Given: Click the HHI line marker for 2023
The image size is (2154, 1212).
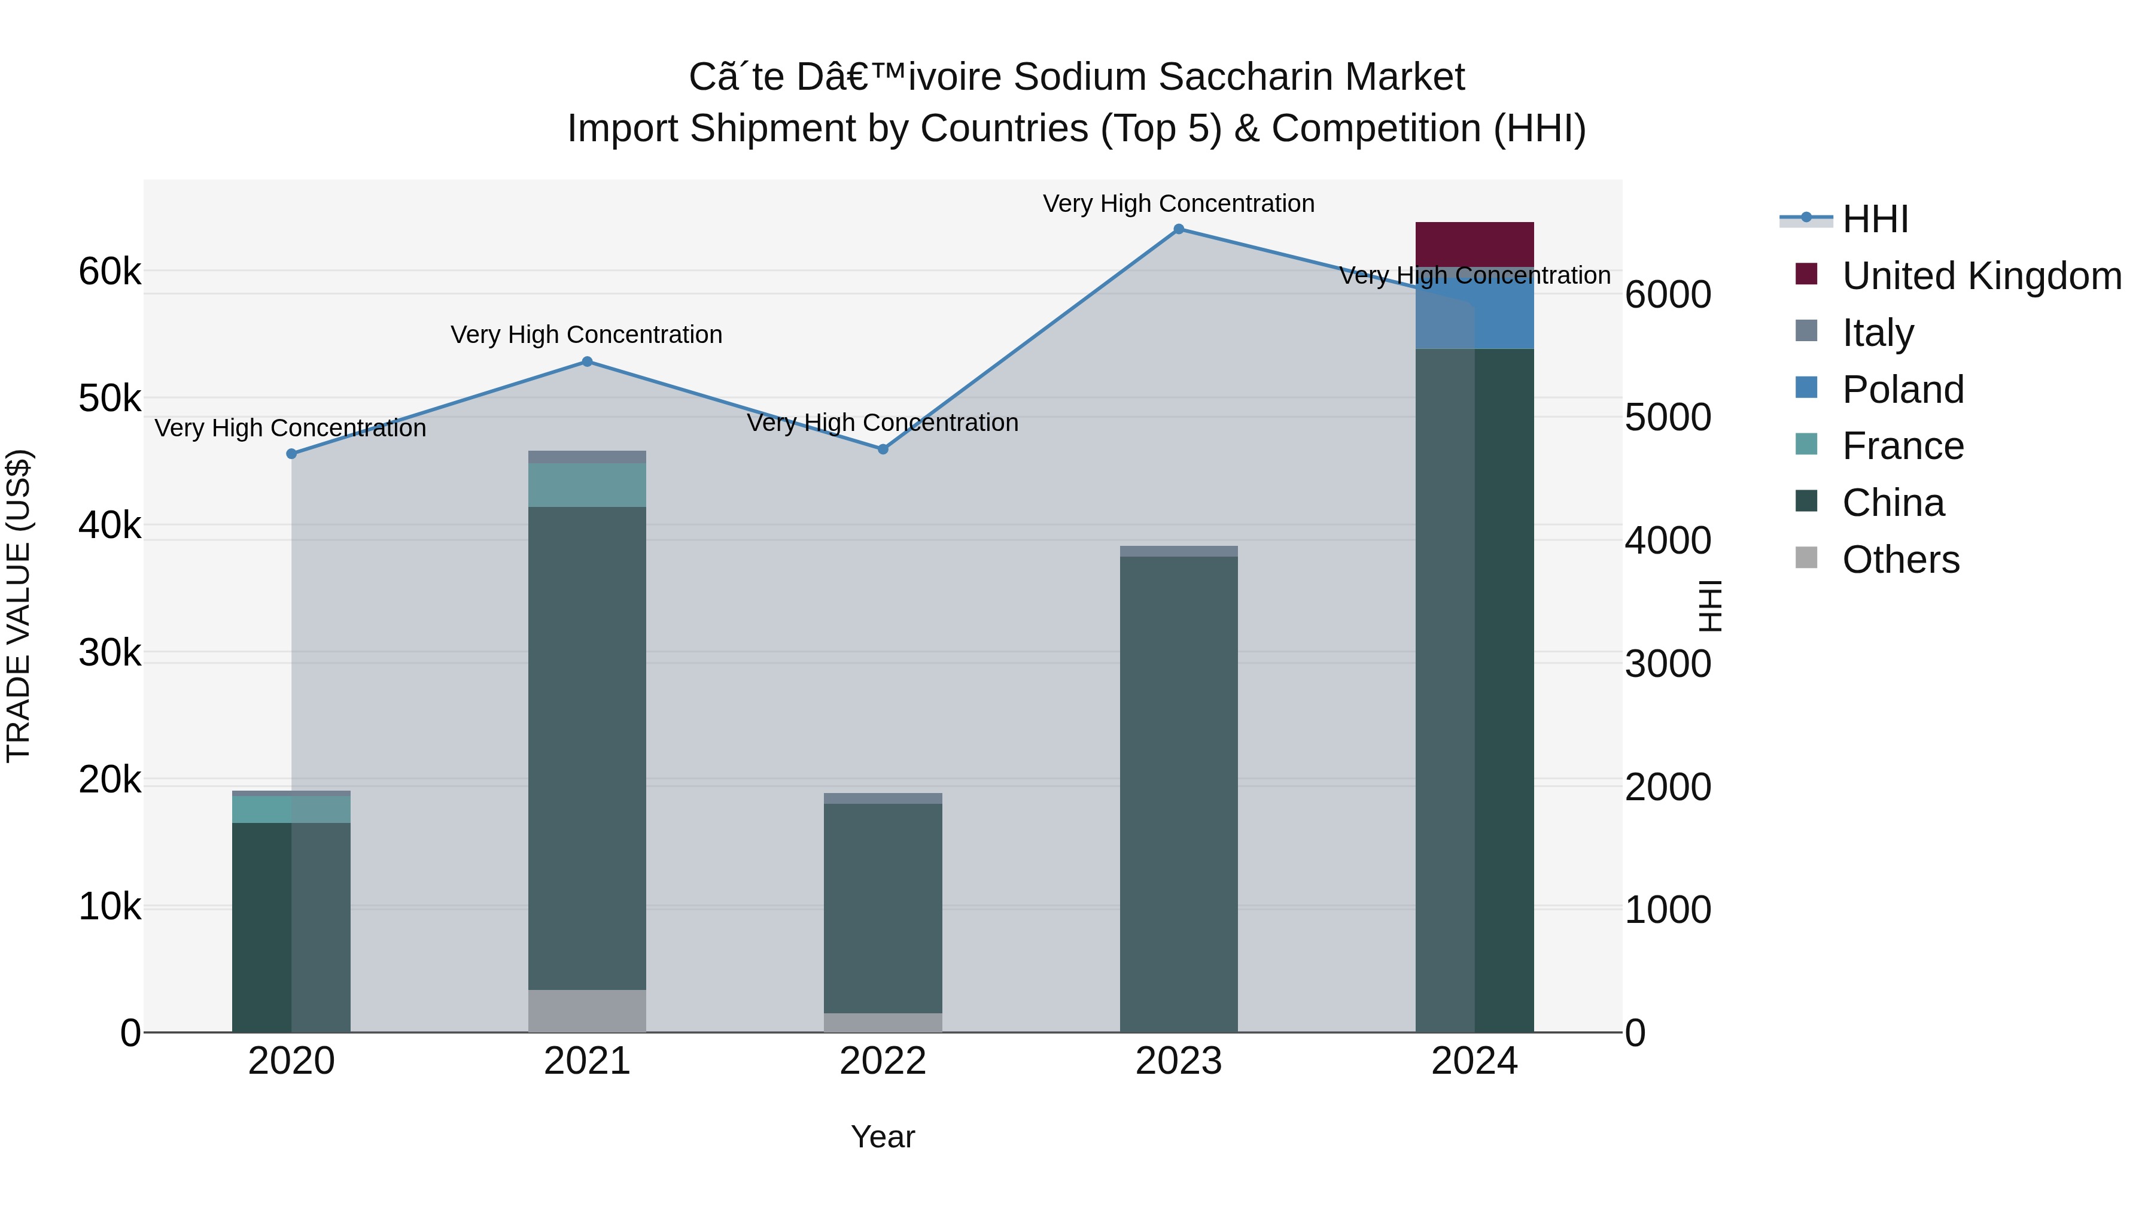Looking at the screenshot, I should tap(1178, 229).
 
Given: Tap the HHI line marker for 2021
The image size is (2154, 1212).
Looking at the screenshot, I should tap(587, 362).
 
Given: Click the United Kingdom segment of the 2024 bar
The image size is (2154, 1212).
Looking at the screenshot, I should tap(1474, 244).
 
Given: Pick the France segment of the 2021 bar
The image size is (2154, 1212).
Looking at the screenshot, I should tap(587, 485).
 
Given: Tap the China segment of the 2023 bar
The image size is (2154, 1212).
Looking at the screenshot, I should tap(1178, 795).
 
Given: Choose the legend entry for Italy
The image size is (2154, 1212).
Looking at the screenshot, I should tap(1876, 333).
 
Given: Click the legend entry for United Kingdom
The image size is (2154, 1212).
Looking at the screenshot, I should tap(1981, 276).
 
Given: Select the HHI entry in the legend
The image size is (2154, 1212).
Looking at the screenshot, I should tap(1875, 219).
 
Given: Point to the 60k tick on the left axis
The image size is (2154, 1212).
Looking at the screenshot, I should tap(109, 272).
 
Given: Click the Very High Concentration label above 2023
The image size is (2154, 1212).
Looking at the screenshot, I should tap(1178, 204).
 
